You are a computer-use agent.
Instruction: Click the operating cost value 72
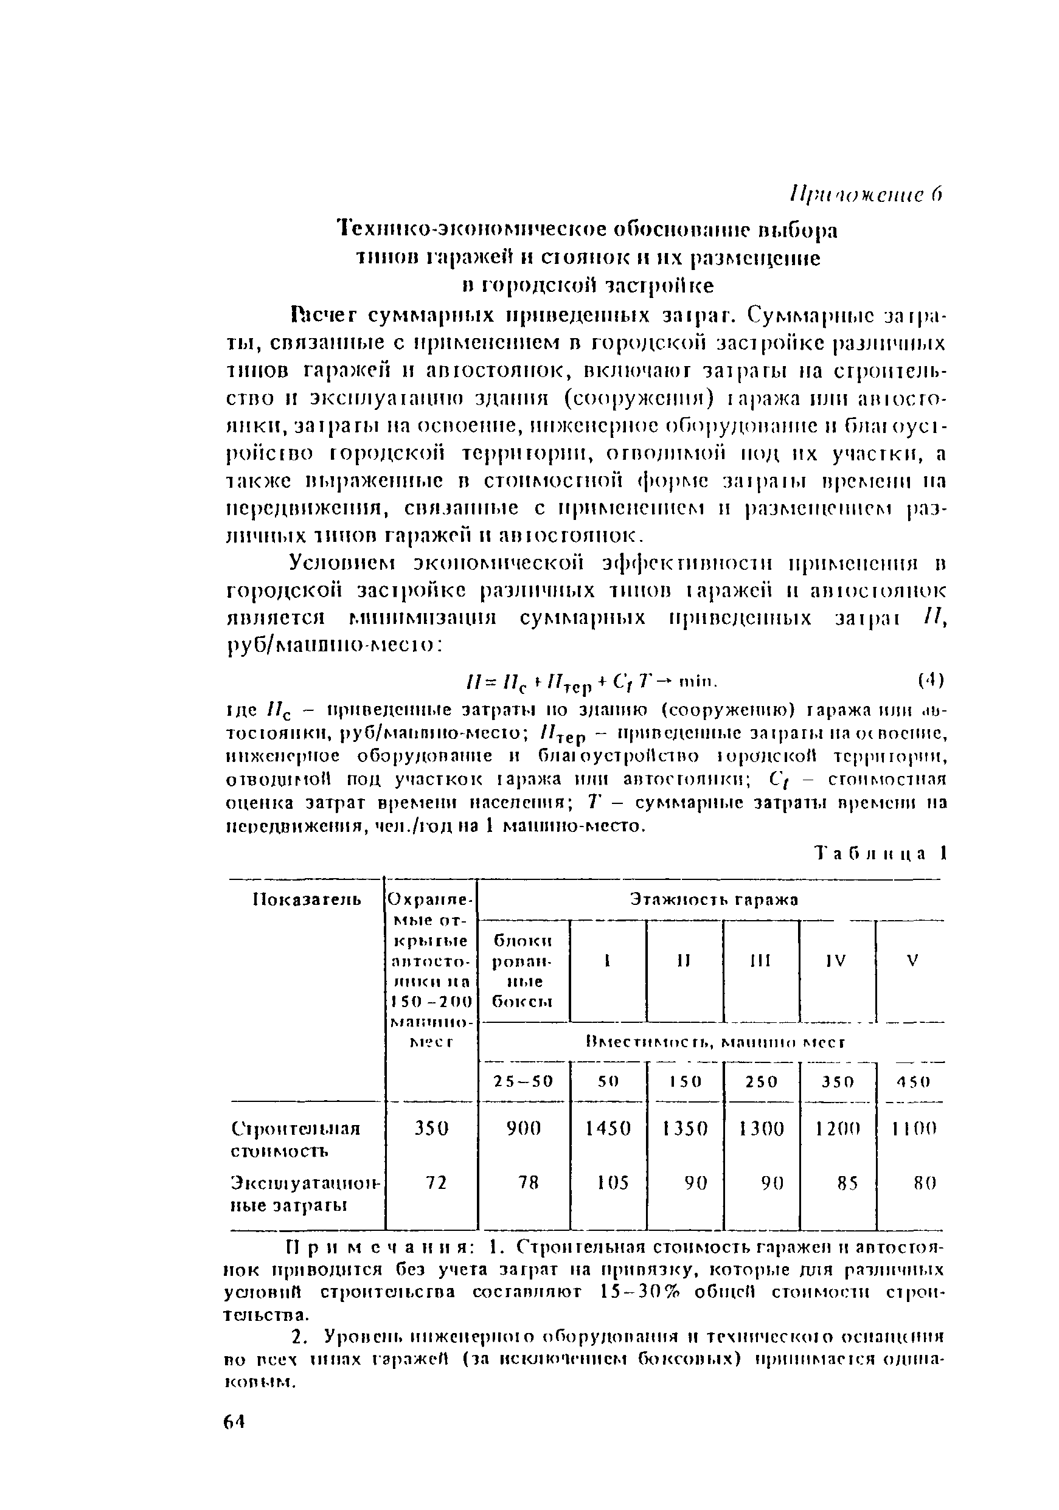431,1183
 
